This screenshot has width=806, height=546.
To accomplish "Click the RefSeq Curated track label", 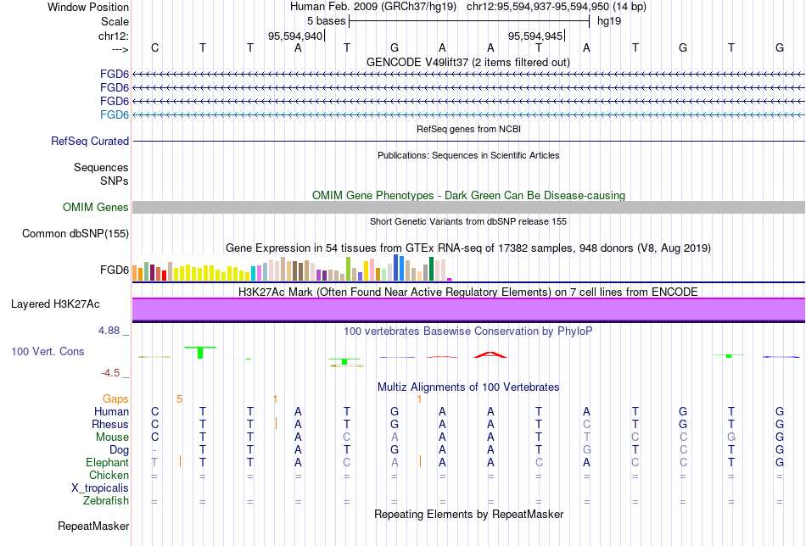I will [x=90, y=142].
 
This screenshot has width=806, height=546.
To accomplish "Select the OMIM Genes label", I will [x=96, y=208].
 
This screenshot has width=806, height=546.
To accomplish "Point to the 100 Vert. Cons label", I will [x=48, y=351].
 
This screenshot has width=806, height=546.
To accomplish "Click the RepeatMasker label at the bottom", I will [x=93, y=526].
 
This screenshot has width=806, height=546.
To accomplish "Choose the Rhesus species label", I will [x=111, y=425].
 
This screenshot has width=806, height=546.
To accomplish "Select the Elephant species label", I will [x=107, y=463].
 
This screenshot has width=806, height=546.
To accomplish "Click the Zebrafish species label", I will [x=106, y=501].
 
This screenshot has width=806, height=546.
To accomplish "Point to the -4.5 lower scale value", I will [x=114, y=372].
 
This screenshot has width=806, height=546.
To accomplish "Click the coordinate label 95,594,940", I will [x=295, y=36].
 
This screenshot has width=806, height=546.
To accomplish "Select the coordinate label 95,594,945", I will [x=535, y=36].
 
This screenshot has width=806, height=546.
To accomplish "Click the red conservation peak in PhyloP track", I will [x=490, y=354].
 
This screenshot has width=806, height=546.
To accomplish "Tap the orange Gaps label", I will [x=115, y=398].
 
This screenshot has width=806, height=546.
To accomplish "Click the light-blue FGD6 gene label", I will [x=115, y=114].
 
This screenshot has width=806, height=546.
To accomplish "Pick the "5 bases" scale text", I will [x=326, y=20].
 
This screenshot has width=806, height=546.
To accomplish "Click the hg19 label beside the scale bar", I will [x=609, y=20].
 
